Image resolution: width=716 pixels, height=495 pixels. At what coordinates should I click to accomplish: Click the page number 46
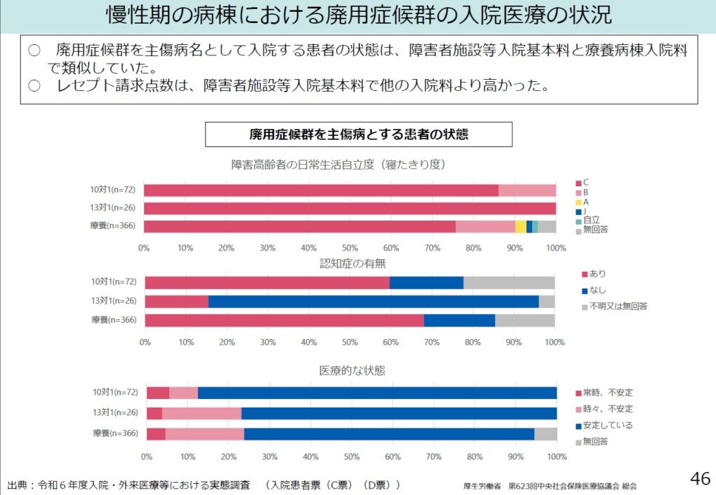coord(700,479)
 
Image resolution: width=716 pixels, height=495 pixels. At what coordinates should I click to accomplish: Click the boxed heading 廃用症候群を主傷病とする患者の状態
coord(358,134)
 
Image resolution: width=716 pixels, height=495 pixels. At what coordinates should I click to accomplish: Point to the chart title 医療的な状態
coord(352,370)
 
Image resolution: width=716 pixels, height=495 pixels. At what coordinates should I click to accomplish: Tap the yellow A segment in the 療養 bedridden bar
coord(520,226)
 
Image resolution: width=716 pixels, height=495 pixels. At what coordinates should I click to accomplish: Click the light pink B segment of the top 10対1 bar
coord(527,190)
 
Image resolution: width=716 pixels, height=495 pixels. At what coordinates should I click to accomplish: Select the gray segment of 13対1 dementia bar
coord(547,301)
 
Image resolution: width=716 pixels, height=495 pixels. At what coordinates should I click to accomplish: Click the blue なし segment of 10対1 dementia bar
coord(427,282)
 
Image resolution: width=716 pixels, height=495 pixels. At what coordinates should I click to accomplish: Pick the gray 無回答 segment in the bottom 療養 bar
coord(545,434)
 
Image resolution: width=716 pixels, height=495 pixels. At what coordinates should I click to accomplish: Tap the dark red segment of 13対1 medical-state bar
coord(154,413)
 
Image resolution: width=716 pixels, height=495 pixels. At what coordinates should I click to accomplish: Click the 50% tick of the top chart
coord(350,247)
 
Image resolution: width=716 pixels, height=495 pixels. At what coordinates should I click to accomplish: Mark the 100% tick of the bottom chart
coord(557,456)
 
